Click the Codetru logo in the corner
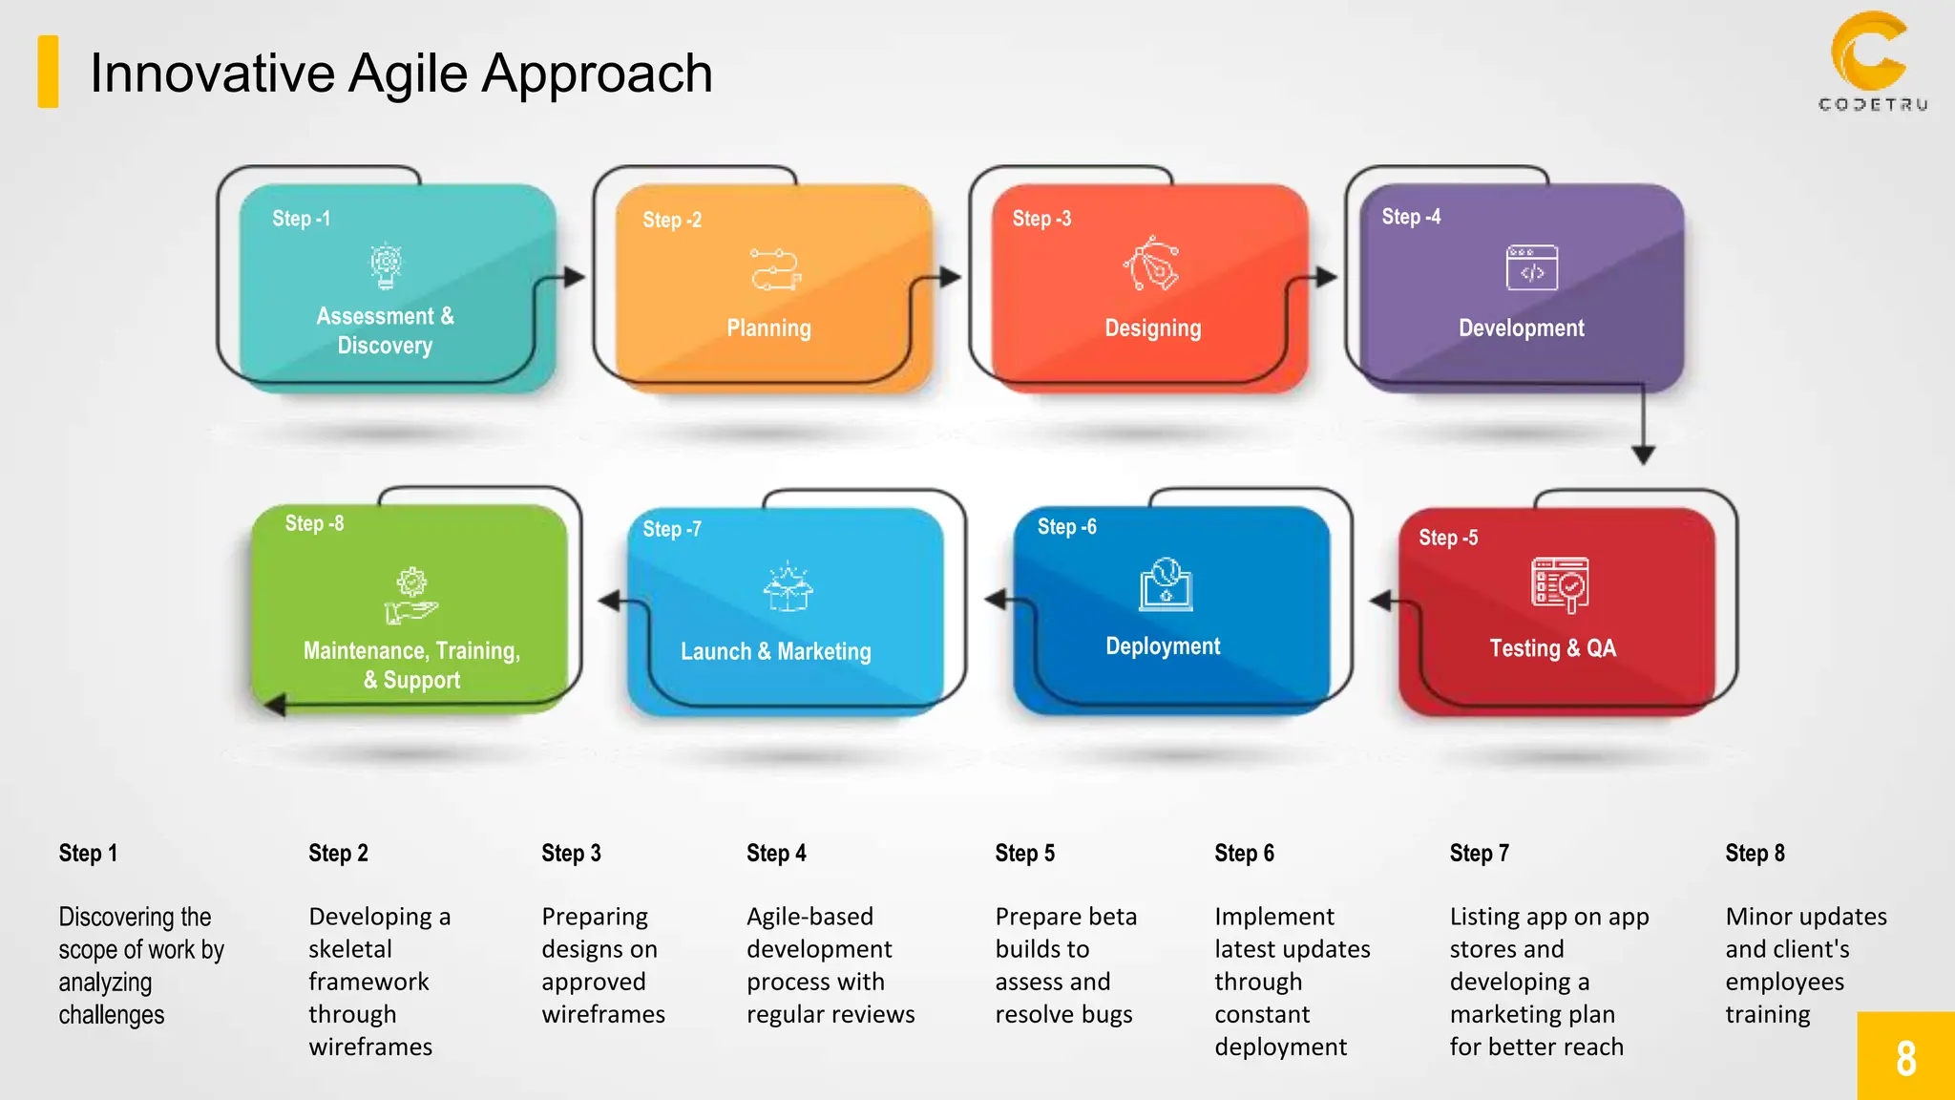click(1872, 61)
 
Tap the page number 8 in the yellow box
click(1905, 1058)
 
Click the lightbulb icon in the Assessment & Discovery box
click(386, 265)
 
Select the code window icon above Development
click(1531, 267)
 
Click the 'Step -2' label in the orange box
click(672, 220)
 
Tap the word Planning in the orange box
click(768, 328)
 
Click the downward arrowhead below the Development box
click(1643, 455)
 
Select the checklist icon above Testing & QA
click(1560, 584)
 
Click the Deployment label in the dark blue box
click(1163, 646)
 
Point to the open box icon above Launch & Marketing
click(788, 586)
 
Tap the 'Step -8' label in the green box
click(314, 523)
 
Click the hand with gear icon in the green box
click(410, 596)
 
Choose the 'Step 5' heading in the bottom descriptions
click(1024, 853)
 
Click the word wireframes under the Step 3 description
click(603, 1014)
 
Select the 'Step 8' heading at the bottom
click(1755, 853)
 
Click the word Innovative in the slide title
click(212, 73)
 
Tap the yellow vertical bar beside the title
click(48, 72)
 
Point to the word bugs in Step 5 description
click(1106, 1014)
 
